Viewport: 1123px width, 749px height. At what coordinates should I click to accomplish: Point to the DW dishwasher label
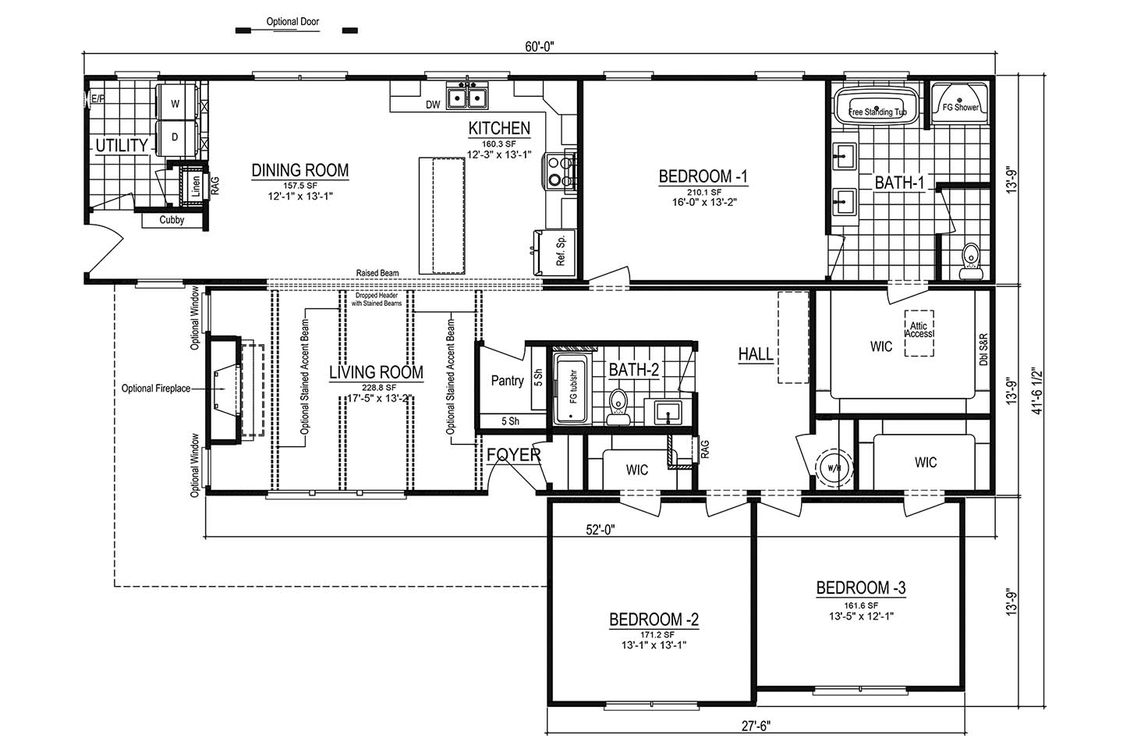click(433, 105)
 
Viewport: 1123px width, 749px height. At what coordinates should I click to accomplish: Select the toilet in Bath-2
click(618, 406)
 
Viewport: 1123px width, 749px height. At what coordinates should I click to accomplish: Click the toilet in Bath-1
click(971, 261)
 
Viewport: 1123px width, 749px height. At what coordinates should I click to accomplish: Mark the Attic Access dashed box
click(919, 333)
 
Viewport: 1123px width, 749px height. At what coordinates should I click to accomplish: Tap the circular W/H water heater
click(834, 468)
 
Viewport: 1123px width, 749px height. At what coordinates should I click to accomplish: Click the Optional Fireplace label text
click(156, 389)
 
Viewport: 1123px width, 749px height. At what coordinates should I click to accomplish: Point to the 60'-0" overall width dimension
click(540, 47)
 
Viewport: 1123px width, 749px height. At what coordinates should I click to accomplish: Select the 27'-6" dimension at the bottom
click(756, 726)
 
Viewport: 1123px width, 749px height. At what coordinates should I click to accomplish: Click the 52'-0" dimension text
click(600, 529)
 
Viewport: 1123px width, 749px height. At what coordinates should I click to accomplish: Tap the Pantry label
click(508, 381)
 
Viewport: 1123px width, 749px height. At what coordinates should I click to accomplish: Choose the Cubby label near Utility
click(172, 220)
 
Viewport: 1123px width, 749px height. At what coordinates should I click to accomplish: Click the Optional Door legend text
click(292, 22)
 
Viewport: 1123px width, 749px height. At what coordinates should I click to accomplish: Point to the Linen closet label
click(196, 186)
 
